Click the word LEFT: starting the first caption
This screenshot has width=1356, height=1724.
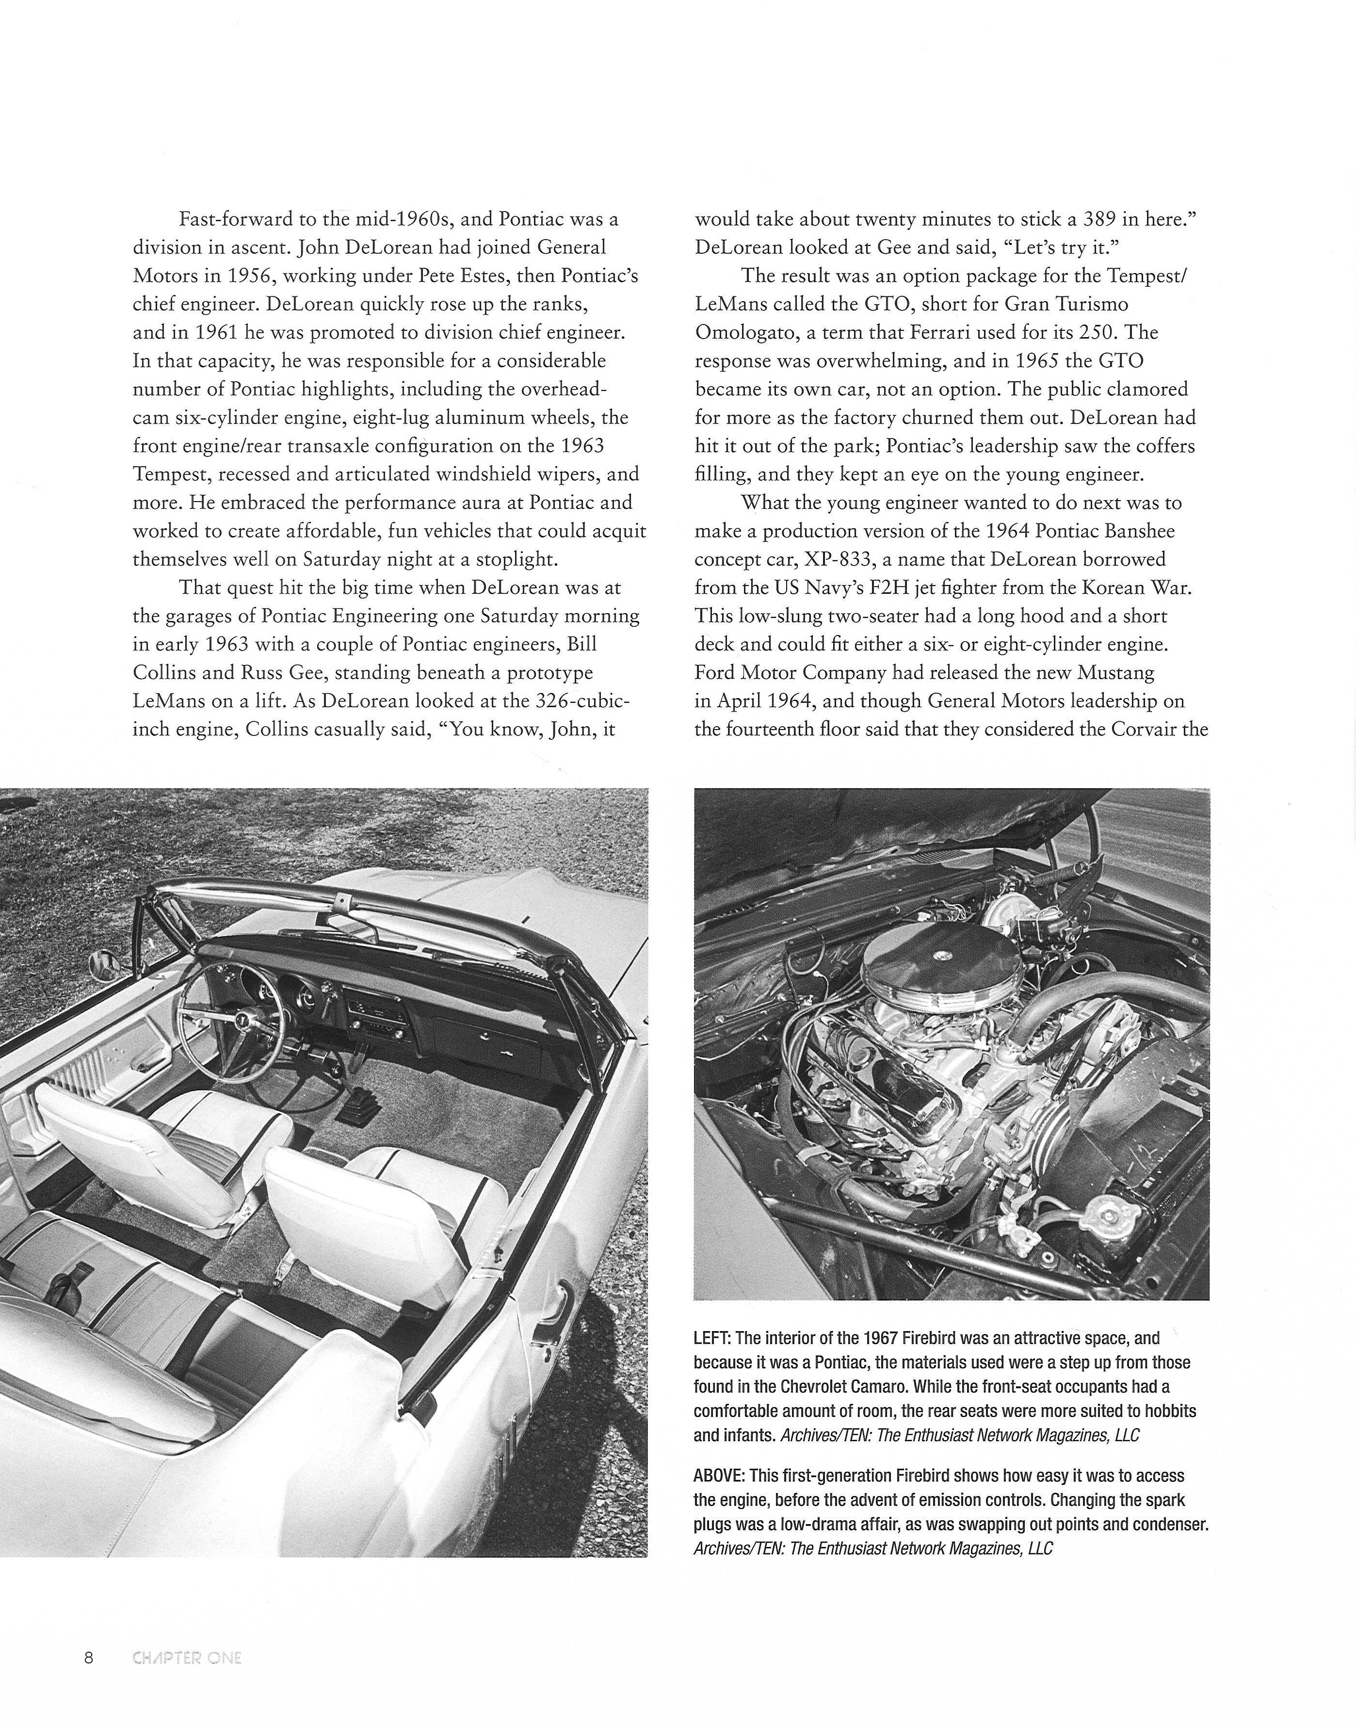pos(711,1337)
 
